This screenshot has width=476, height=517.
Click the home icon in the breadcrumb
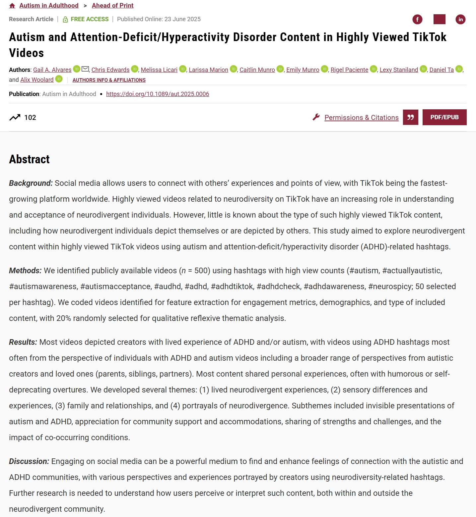point(12,6)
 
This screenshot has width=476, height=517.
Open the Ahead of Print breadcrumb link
point(112,6)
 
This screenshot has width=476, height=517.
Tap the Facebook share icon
point(417,20)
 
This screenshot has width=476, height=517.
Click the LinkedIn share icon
point(460,20)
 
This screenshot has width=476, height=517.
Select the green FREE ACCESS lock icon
point(65,20)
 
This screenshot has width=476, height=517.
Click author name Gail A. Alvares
point(52,70)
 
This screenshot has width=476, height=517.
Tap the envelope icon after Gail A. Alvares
point(85,69)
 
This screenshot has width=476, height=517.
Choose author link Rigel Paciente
point(349,70)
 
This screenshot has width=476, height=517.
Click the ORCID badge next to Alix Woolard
point(59,79)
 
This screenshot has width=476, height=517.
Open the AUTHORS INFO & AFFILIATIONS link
point(109,80)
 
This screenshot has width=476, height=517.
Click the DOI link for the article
point(158,94)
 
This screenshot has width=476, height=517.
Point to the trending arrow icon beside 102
point(15,118)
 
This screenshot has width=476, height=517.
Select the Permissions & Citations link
point(361,118)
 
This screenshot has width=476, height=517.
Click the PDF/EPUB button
point(444,117)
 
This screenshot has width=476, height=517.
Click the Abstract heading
point(29,159)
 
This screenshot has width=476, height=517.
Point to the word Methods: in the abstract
point(25,271)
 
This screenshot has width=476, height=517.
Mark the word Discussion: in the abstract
point(29,461)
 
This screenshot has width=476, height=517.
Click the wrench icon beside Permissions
point(316,117)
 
